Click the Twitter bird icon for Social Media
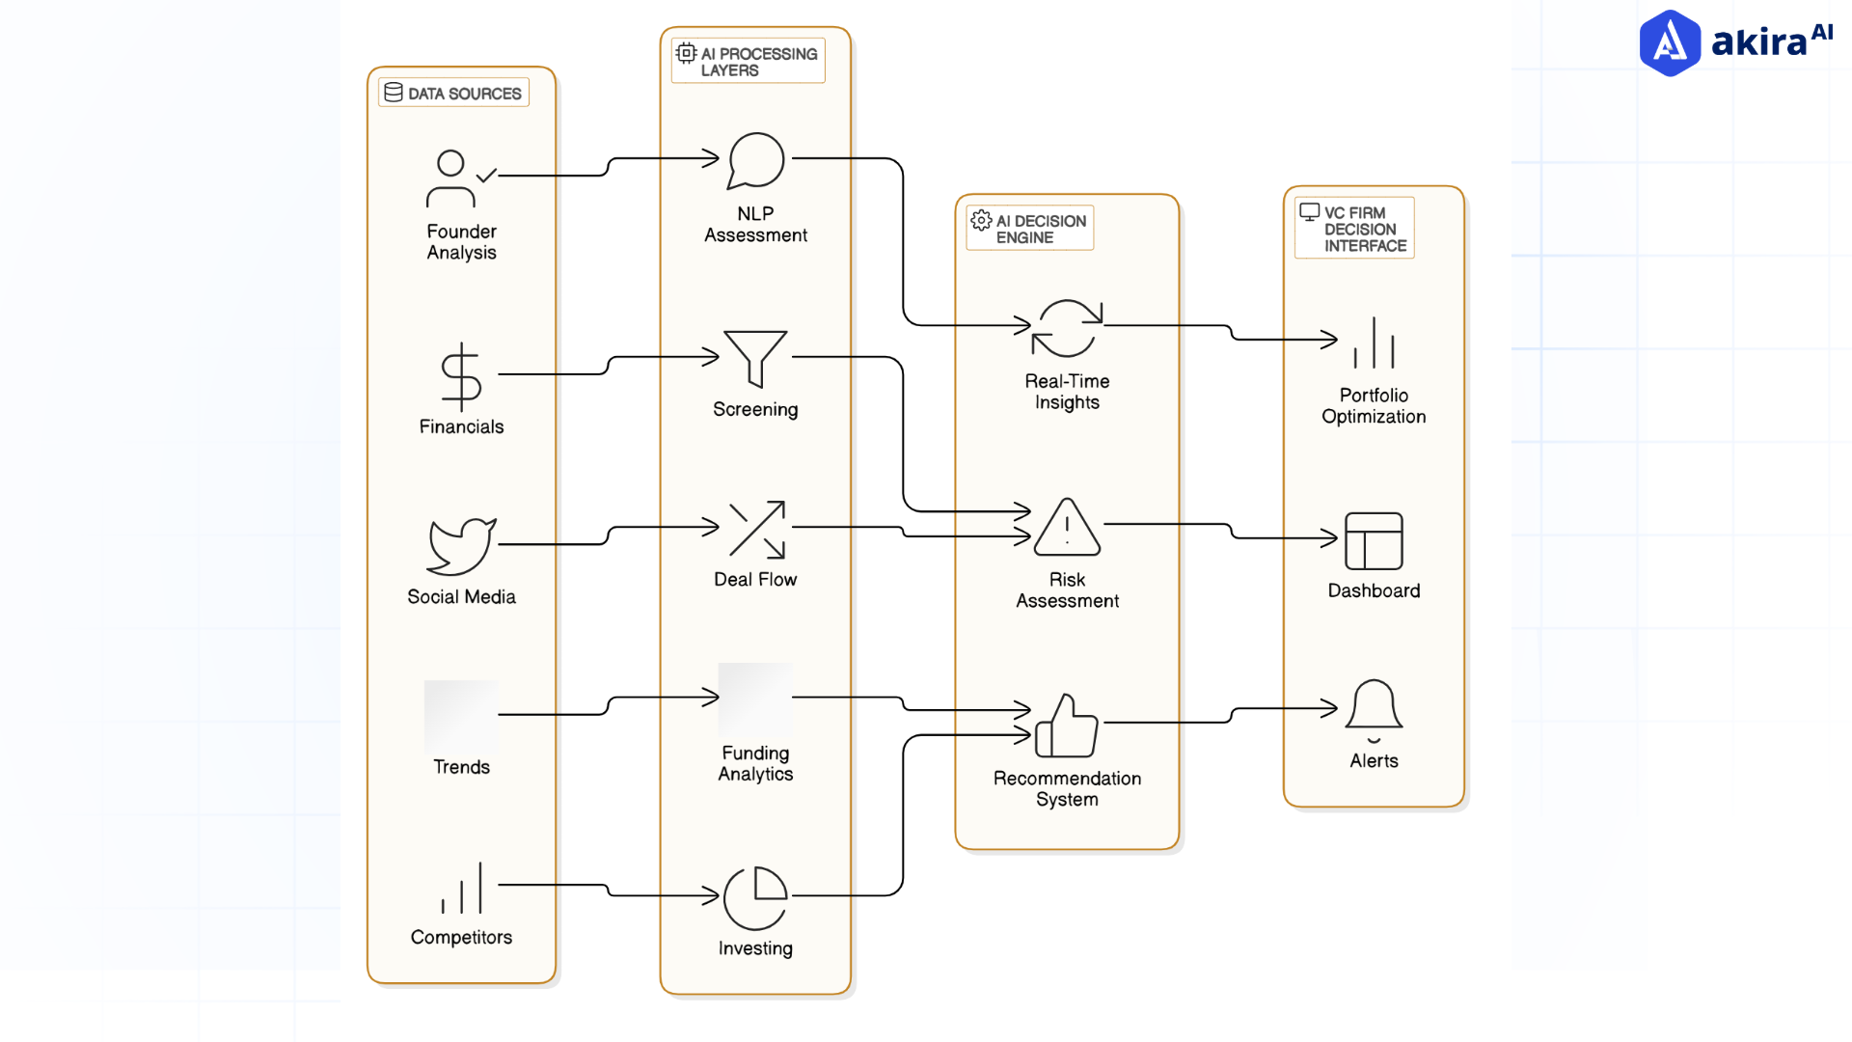click(x=461, y=546)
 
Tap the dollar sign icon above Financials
click(x=461, y=376)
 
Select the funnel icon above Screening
click(x=755, y=358)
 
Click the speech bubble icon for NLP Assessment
click(x=755, y=160)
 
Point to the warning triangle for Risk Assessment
click(x=1067, y=529)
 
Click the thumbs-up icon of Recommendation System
click(x=1066, y=727)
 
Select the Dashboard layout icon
click(x=1374, y=541)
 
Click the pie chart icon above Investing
click(x=755, y=897)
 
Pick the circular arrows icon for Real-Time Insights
click(x=1067, y=328)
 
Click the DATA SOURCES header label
click(x=453, y=93)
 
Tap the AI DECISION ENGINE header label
click(x=1030, y=229)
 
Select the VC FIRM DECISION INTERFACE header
click(x=1354, y=229)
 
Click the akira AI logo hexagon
click(x=1670, y=43)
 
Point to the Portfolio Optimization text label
click(x=1374, y=406)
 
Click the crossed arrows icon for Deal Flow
click(x=757, y=529)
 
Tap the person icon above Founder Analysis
click(x=451, y=179)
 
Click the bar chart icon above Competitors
click(x=462, y=890)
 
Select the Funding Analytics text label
click(x=755, y=763)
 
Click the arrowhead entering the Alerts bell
click(x=1331, y=709)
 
